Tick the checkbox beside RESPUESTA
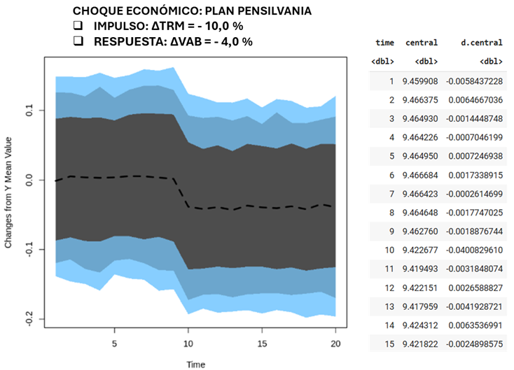pyautogui.click(x=78, y=42)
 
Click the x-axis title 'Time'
pyautogui.click(x=196, y=364)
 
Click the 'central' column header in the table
pyautogui.click(x=421, y=43)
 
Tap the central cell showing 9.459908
pyautogui.click(x=420, y=82)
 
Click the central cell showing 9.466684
pyautogui.click(x=420, y=175)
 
